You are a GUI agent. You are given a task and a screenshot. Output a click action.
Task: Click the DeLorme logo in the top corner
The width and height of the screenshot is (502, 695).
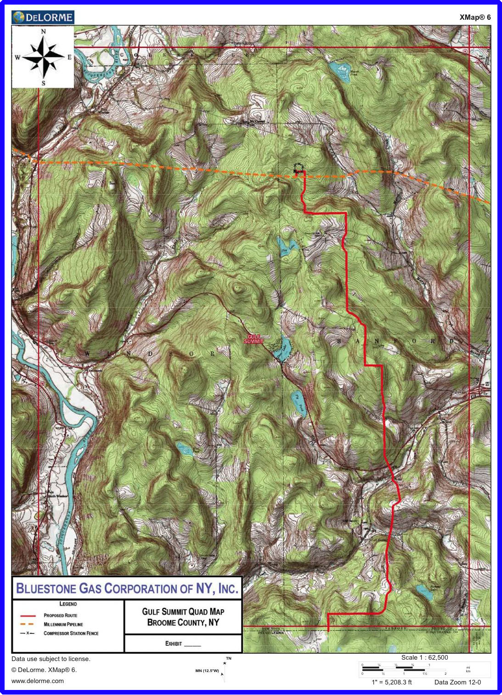click(43, 17)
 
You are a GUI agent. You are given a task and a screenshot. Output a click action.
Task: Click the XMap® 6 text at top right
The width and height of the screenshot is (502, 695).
click(475, 17)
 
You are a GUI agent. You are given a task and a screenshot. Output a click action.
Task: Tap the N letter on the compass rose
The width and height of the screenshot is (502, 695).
click(44, 32)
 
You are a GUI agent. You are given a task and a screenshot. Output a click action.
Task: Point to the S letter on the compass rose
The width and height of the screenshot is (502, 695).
click(44, 83)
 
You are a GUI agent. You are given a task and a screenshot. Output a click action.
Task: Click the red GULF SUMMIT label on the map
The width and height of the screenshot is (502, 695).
click(254, 339)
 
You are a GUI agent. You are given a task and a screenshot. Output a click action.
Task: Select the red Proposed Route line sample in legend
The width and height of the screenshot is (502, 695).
click(28, 616)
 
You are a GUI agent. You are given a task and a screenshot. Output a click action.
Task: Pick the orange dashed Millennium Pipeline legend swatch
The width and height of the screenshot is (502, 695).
click(27, 624)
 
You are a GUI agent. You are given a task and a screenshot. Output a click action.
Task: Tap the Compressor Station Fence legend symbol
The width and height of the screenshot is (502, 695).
click(27, 633)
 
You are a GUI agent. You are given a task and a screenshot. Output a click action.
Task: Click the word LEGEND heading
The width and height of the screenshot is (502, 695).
click(68, 604)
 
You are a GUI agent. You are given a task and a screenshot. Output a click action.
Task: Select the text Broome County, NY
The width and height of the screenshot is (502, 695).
click(183, 622)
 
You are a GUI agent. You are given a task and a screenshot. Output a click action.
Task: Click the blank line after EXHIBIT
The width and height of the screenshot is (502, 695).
click(193, 645)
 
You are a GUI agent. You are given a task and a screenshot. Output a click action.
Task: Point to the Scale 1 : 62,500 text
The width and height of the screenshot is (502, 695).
click(424, 657)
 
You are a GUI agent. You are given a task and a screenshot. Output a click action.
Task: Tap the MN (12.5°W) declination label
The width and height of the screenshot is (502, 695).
click(207, 671)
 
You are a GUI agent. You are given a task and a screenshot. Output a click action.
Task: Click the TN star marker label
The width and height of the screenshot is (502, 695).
click(228, 659)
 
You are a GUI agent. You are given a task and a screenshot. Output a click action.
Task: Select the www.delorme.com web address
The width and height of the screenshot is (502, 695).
click(38, 681)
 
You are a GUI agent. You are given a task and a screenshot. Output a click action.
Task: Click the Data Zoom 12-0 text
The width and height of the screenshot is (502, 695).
click(457, 682)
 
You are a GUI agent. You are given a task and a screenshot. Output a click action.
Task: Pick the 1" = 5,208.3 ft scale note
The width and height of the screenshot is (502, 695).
click(391, 682)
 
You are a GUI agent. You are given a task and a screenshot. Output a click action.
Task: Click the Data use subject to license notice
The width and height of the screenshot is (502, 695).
click(51, 659)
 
